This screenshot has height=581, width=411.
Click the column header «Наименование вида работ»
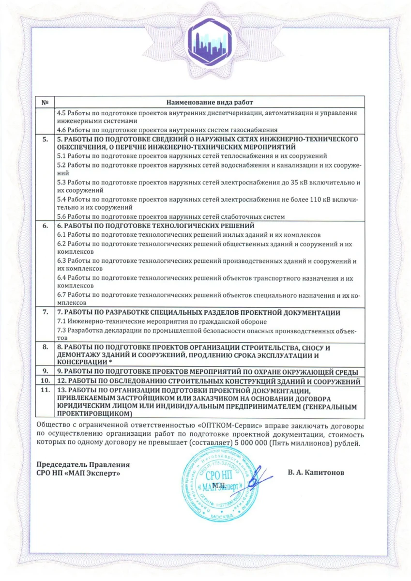click(210, 103)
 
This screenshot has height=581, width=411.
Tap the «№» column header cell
click(45, 103)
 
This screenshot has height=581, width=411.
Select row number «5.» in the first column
click(45, 139)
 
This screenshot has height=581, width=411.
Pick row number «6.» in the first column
click(45, 226)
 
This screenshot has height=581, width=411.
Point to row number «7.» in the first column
click(45, 312)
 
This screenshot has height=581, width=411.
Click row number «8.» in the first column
click(45, 347)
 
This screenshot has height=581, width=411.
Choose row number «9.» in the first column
click(45, 371)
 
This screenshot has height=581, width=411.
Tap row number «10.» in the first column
click(45, 382)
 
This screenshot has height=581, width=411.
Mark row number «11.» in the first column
click(45, 390)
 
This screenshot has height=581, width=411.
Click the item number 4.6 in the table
click(61, 130)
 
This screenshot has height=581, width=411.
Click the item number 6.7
click(61, 295)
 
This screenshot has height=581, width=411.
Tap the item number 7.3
click(61, 330)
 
